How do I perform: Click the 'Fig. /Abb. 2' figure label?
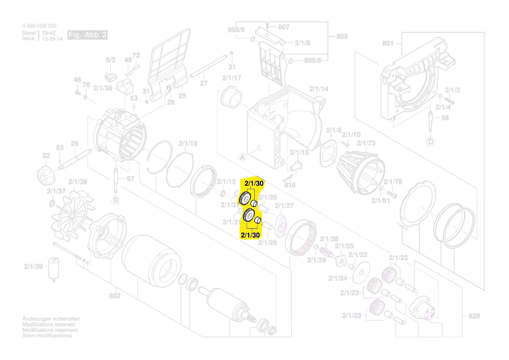coord(87,35)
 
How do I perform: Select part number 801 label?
coord(388,43)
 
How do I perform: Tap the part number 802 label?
coord(115,296)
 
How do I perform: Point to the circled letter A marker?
coord(242,156)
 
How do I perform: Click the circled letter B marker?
coord(116,200)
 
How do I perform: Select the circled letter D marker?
coord(431,142)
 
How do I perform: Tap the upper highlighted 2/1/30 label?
coord(254,183)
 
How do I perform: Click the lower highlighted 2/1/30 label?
coord(250,235)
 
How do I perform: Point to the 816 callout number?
coord(290,185)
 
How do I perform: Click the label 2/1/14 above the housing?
coord(319,89)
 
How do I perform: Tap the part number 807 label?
coord(283,27)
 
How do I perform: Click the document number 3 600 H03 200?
coord(39,27)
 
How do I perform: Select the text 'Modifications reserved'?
coord(48,325)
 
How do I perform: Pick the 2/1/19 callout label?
coord(188,143)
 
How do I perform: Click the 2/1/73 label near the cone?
coord(366,143)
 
